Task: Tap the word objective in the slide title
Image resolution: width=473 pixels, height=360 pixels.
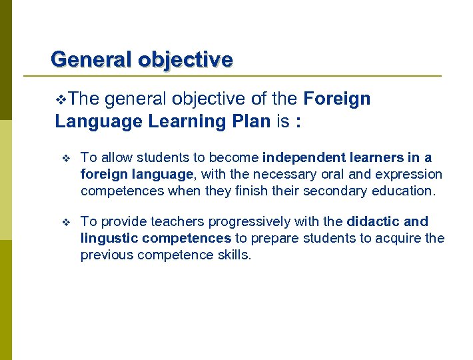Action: [x=186, y=59]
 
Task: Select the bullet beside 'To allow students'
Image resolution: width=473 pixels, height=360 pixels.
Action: [x=65, y=159]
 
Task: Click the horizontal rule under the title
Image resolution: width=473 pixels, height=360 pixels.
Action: [x=246, y=76]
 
